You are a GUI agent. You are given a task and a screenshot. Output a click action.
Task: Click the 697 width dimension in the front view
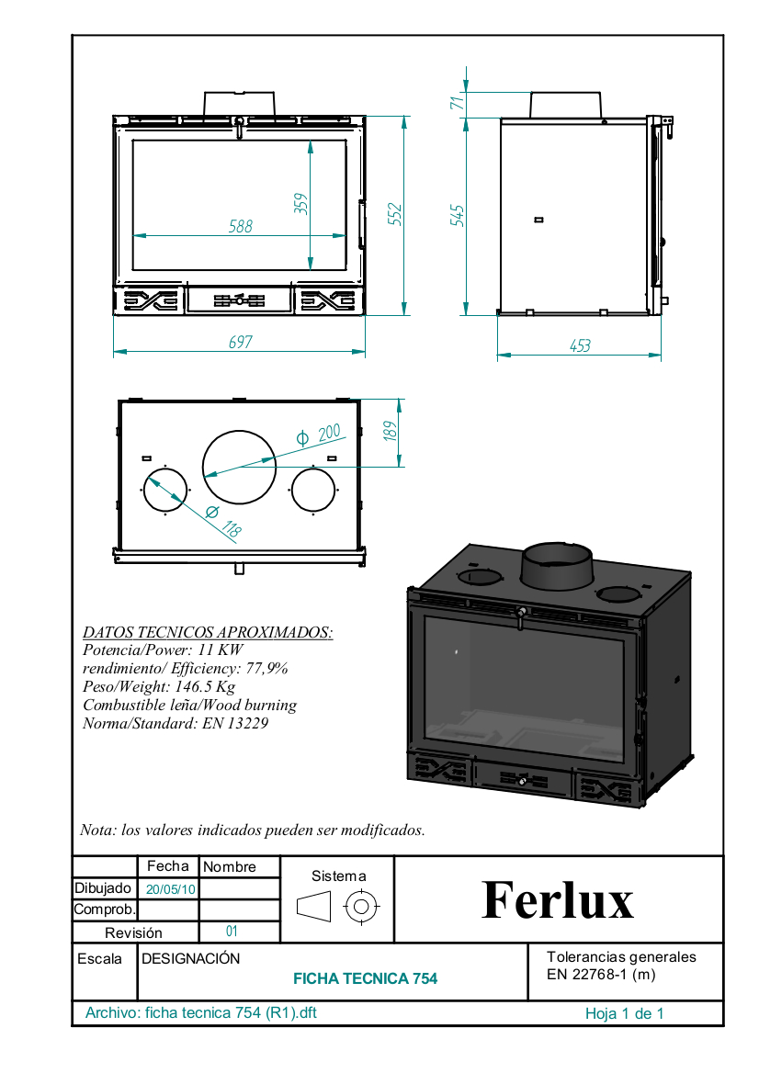click(x=240, y=342)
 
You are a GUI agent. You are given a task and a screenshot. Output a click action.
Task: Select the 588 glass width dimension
click(x=240, y=226)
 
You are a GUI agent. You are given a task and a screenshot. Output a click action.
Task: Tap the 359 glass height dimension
click(x=301, y=204)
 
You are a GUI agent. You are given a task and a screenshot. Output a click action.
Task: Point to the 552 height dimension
click(x=395, y=214)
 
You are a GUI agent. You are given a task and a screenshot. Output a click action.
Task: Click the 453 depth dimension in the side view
click(x=580, y=345)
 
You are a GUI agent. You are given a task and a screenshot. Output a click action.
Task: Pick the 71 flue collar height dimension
click(x=457, y=102)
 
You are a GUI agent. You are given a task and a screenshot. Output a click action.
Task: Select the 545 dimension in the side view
click(x=458, y=215)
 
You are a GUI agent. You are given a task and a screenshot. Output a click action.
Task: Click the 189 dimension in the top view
click(x=390, y=431)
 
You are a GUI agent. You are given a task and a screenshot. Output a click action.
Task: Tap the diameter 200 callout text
click(x=318, y=435)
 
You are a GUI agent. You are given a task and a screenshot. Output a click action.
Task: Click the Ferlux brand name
click(x=558, y=899)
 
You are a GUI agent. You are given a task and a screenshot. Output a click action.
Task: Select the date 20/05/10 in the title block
click(x=170, y=889)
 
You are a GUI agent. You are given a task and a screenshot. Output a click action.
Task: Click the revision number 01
click(x=232, y=931)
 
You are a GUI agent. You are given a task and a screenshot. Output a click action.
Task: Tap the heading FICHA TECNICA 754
click(x=365, y=978)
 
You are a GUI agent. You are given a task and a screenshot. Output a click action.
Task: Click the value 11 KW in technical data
click(x=221, y=649)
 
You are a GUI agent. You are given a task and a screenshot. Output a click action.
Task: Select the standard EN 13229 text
click(x=234, y=723)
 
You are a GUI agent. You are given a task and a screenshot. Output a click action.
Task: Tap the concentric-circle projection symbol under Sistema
click(x=361, y=908)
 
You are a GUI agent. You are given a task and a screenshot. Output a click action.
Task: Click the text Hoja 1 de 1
click(x=624, y=1013)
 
